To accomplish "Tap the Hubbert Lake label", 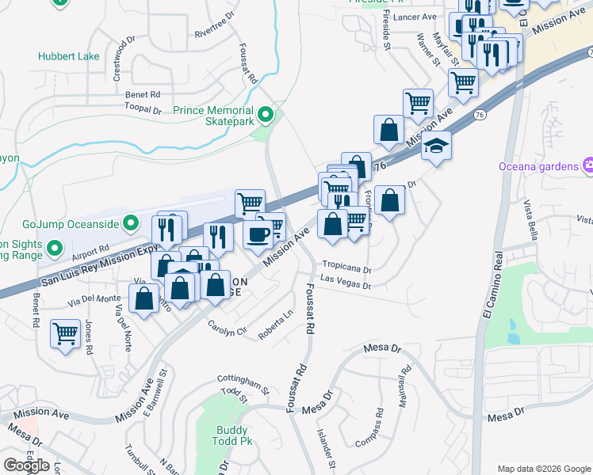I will pyautogui.click(x=68, y=56).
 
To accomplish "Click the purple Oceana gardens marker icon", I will pyautogui.click(x=587, y=165).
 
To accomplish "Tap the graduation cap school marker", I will pyautogui.click(x=436, y=146).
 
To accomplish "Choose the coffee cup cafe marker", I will pyautogui.click(x=258, y=234).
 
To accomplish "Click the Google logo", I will pyautogui.click(x=26, y=465).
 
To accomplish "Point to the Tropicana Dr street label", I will pyautogui.click(x=346, y=268).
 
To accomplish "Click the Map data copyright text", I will pyautogui.click(x=543, y=468).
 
